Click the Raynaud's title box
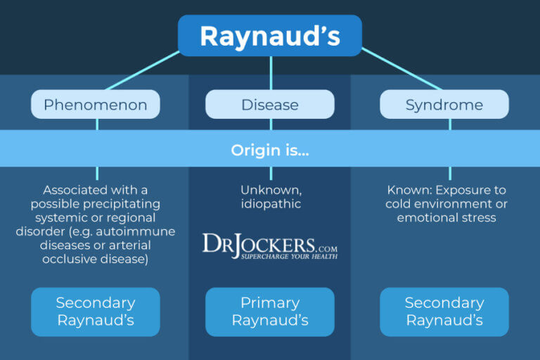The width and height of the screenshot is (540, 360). [270, 35]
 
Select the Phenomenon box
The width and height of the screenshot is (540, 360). [96, 105]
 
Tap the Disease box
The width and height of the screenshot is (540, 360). [270, 105]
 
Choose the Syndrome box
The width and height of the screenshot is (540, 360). [444, 105]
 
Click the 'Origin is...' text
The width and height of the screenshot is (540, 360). [270, 150]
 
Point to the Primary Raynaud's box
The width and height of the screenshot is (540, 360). [270, 311]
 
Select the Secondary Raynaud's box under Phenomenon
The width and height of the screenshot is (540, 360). [96, 311]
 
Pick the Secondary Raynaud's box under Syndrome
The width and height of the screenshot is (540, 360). [444, 311]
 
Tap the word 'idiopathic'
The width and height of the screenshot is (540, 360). [271, 204]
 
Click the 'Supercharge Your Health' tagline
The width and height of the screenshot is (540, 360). [290, 256]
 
